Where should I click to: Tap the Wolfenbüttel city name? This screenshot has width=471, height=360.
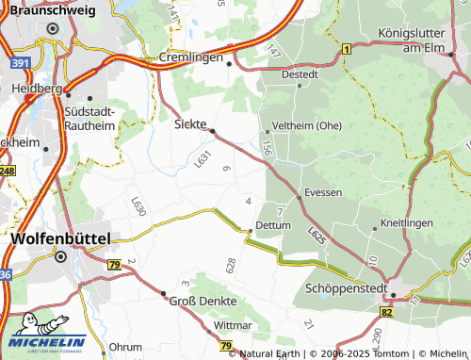[60, 238]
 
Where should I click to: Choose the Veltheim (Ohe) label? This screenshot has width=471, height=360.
[306, 125]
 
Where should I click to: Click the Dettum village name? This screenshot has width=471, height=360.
[273, 226]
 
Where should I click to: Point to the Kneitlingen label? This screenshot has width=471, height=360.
[405, 223]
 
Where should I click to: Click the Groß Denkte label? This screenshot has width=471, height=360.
[203, 301]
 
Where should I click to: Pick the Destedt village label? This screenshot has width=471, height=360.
[300, 73]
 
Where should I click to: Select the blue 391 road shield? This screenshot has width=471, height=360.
[23, 62]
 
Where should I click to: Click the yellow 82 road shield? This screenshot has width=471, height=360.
[387, 310]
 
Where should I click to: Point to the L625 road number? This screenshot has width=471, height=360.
[317, 235]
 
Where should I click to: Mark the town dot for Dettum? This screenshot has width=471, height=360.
[250, 230]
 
